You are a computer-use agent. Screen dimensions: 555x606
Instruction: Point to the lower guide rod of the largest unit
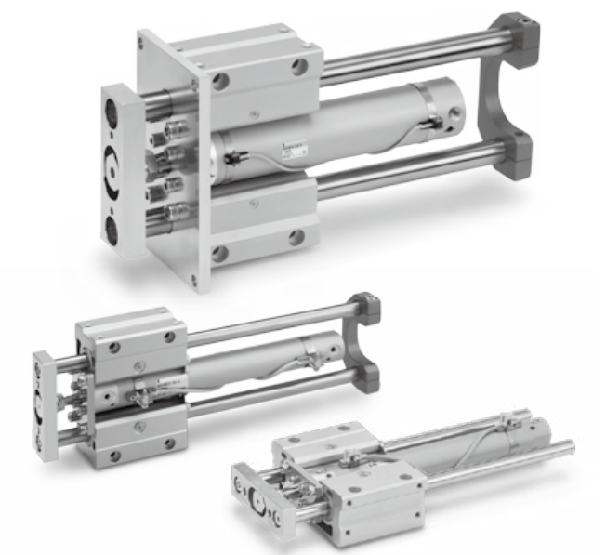click(409, 177)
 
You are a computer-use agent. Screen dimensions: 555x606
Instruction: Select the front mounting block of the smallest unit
click(372, 493)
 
